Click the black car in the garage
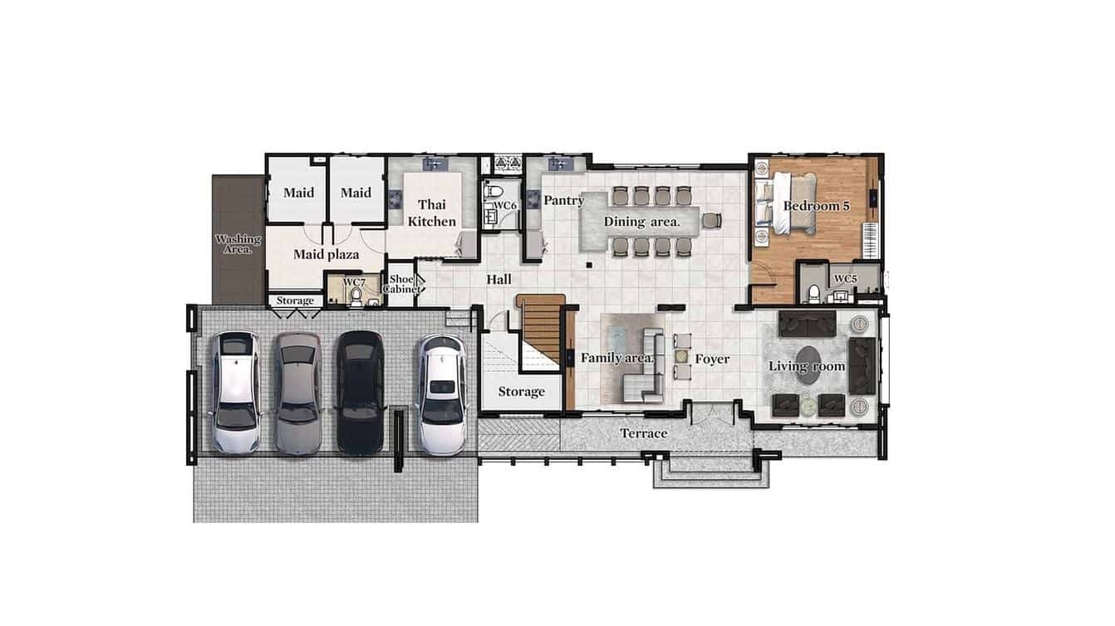(x=359, y=392)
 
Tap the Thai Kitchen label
(x=431, y=213)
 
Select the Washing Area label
(x=238, y=243)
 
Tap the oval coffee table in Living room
(x=810, y=367)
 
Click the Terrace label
(x=644, y=433)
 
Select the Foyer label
(x=712, y=359)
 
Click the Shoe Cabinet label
(x=400, y=285)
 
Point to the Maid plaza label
(x=326, y=254)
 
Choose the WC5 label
(x=845, y=279)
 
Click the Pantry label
(x=564, y=200)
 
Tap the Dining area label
(x=641, y=221)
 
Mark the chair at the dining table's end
(x=711, y=220)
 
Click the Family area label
(x=616, y=358)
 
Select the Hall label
(x=499, y=279)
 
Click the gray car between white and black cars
(x=297, y=392)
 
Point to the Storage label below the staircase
(x=521, y=391)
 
